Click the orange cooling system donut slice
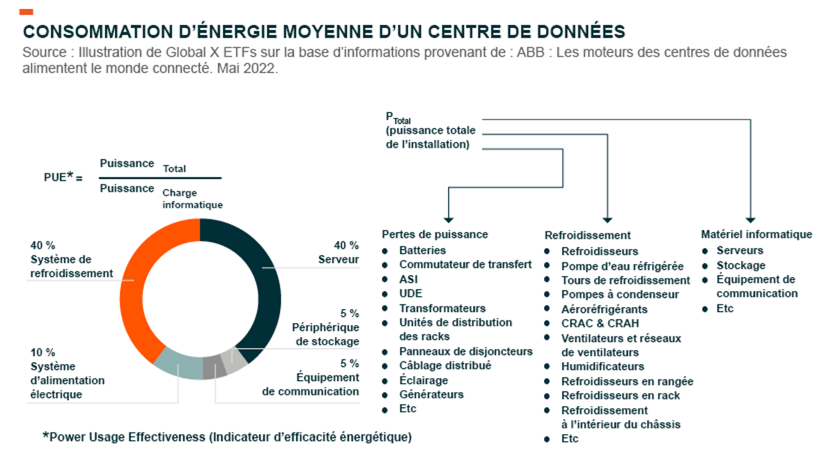pyautogui.click(x=137, y=281)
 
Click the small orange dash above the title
pyautogui.click(x=26, y=12)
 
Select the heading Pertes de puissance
pyautogui.click(x=435, y=234)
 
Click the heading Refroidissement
pyautogui.click(x=588, y=235)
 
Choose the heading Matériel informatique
pyautogui.click(x=756, y=234)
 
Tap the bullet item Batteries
pyautogui.click(x=422, y=250)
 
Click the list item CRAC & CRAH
pyautogui.click(x=600, y=323)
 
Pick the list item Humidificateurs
pyautogui.click(x=602, y=366)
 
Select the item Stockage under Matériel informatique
pyautogui.click(x=740, y=265)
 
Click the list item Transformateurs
pyautogui.click(x=442, y=308)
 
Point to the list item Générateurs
pyautogui.click(x=432, y=395)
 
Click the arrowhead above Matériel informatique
pyautogui.click(x=751, y=219)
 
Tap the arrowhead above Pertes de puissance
pyautogui.click(x=449, y=219)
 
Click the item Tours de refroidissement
pyautogui.click(x=625, y=280)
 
